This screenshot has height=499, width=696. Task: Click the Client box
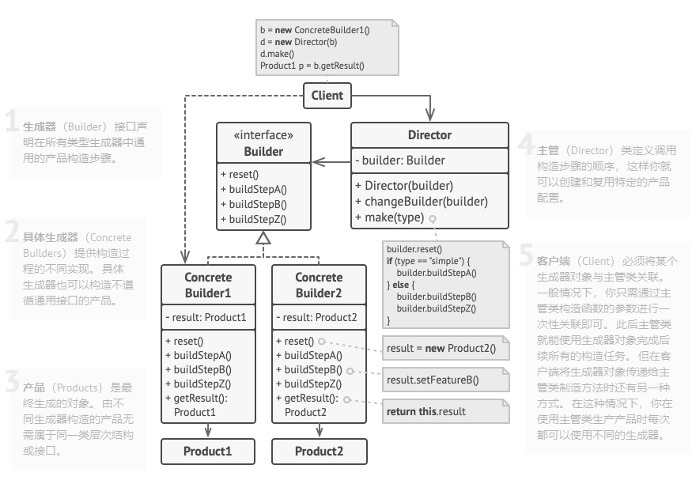327,96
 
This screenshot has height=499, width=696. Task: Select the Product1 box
208,452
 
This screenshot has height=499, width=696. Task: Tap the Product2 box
319,452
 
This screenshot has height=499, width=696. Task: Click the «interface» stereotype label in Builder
263,135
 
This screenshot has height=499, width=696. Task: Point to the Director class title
429,135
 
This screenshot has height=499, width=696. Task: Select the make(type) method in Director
389,217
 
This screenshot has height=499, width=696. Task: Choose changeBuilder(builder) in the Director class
420,202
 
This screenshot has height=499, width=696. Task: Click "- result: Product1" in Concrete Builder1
206,318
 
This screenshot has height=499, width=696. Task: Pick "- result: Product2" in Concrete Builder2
317,318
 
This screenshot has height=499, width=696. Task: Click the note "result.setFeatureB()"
433,380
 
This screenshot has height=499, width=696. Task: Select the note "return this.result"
426,411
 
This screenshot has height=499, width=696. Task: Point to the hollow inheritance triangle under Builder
263,238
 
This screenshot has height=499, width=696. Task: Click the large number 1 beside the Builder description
11,122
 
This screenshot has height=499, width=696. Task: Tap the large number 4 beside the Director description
526,146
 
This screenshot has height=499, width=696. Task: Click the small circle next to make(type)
433,218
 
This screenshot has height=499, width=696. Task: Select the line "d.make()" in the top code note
277,54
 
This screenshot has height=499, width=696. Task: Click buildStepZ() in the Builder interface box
254,220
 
